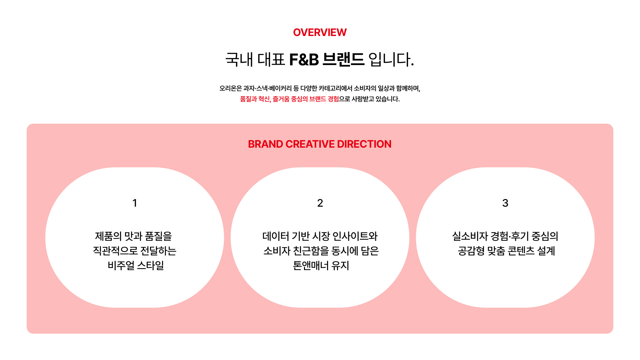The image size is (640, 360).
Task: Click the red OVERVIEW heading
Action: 320,32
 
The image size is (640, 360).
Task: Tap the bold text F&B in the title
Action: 304,60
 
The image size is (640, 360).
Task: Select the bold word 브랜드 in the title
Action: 344,60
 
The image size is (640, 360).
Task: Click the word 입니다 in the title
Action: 391,60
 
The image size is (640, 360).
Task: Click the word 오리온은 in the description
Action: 230,88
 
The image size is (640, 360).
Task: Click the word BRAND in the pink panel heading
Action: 266,144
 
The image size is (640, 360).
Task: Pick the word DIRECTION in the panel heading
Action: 364,144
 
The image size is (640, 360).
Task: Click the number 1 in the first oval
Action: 135,203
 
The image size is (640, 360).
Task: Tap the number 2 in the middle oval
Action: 320,203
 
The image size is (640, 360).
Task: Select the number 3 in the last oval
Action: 505,203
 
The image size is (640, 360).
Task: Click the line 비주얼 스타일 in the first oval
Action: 136,265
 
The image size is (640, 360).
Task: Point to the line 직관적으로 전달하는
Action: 135,251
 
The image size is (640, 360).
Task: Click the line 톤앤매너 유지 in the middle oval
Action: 321,265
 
